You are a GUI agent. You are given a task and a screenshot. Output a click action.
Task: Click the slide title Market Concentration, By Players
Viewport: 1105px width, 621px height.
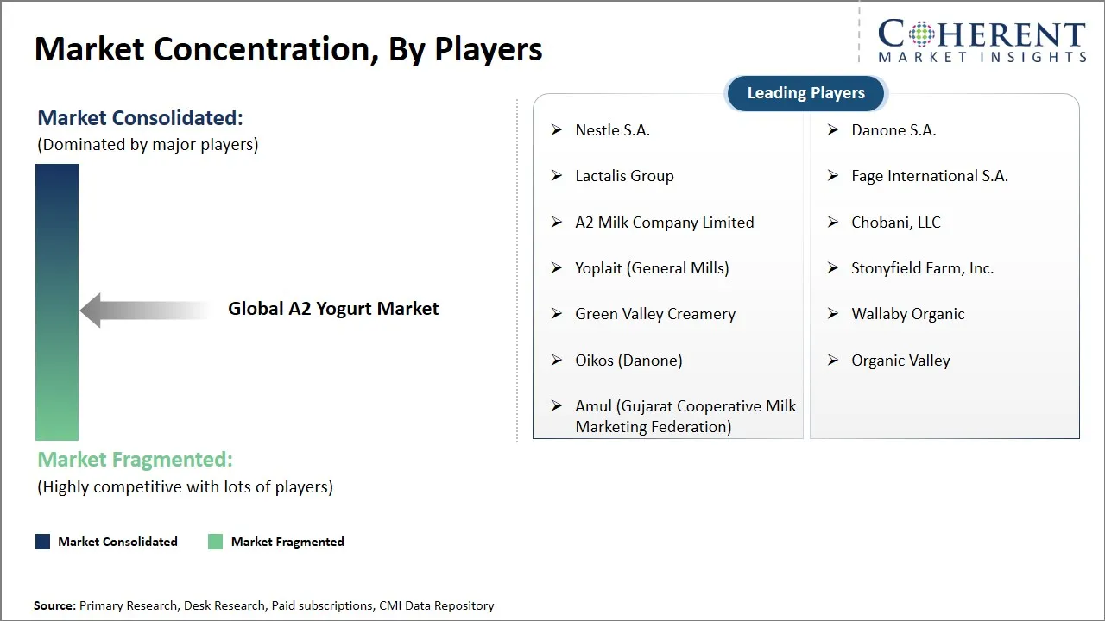point(288,49)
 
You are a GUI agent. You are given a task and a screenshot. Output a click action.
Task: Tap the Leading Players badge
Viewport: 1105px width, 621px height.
point(805,93)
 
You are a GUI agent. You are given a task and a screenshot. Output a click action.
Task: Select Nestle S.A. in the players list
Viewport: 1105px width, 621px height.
point(612,130)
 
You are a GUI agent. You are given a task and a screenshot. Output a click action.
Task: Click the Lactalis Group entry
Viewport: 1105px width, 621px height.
point(624,176)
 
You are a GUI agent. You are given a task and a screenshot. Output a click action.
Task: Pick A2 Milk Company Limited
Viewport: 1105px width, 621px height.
point(664,223)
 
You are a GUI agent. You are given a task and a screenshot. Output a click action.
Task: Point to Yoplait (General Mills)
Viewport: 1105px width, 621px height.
point(652,268)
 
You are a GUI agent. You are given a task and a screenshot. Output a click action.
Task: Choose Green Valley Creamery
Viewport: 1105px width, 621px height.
point(655,314)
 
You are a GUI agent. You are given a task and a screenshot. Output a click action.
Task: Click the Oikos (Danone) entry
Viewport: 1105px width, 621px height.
point(628,361)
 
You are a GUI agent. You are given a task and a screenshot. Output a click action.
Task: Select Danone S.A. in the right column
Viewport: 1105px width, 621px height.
point(893,130)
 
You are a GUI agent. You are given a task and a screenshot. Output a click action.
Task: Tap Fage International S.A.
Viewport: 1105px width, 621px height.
point(929,176)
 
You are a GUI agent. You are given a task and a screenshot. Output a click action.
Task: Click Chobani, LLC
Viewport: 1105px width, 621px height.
point(895,223)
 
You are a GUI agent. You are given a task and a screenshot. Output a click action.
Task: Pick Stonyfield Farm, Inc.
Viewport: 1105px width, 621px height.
point(922,268)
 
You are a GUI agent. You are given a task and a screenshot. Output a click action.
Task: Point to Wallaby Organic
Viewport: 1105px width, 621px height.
point(907,314)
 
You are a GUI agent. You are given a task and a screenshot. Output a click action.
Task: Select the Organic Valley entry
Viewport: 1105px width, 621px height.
point(900,361)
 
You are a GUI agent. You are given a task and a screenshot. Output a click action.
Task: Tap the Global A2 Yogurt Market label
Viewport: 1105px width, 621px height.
point(333,309)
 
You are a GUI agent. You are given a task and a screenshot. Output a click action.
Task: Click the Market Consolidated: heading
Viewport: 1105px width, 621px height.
point(140,118)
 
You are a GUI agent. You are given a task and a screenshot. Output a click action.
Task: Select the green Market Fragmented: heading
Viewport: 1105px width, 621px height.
point(135,460)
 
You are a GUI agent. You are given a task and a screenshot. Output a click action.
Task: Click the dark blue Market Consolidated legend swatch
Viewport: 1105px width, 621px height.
point(42,542)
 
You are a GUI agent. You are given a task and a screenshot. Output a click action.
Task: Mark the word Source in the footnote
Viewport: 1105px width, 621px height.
point(54,606)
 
